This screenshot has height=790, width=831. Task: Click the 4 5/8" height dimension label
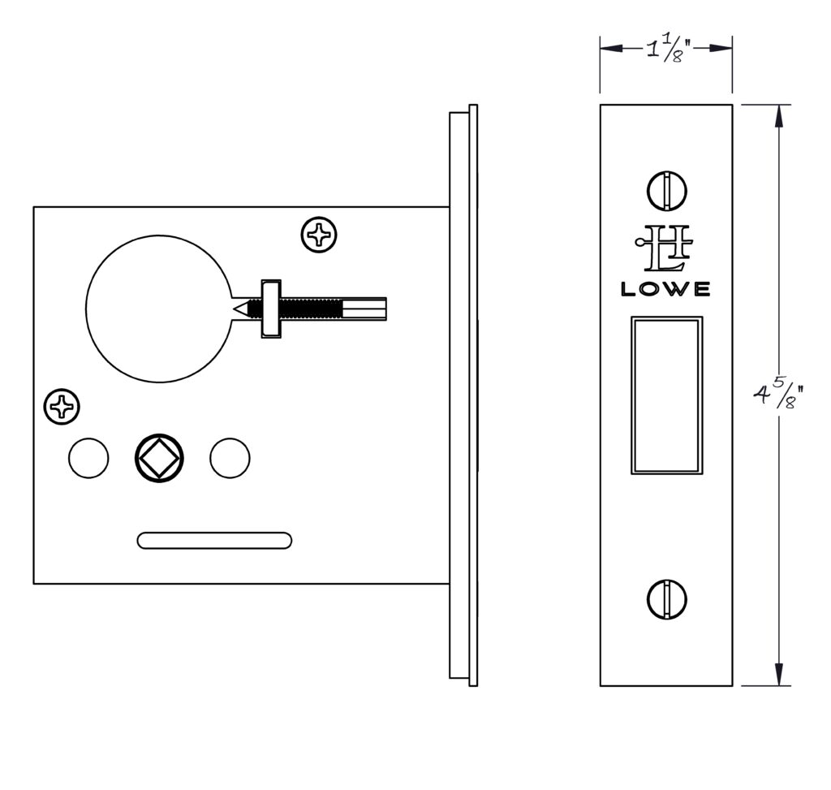click(777, 395)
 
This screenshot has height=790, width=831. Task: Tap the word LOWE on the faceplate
click(665, 289)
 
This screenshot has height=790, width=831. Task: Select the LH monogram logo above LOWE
click(664, 248)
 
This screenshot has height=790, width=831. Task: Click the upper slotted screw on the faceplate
click(667, 191)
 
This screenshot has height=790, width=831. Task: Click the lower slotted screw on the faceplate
click(667, 600)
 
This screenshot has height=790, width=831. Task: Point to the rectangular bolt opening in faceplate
click(667, 395)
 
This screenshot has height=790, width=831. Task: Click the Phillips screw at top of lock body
click(319, 235)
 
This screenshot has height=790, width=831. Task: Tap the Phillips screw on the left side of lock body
click(62, 407)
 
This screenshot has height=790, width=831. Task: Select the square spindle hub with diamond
click(159, 458)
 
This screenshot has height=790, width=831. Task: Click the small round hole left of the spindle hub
click(88, 458)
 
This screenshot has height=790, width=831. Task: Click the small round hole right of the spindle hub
click(230, 458)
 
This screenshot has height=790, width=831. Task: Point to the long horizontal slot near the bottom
click(214, 540)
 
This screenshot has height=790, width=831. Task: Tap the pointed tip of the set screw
click(235, 309)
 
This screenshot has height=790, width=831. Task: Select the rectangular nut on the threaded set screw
click(271, 309)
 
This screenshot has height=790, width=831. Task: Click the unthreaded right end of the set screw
click(364, 309)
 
